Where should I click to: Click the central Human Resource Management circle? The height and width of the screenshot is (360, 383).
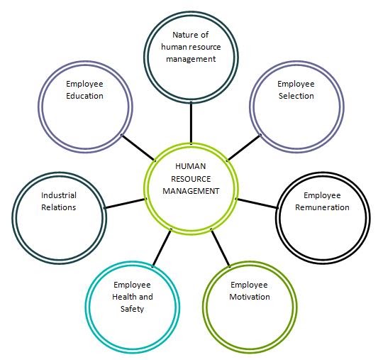[x=191, y=186]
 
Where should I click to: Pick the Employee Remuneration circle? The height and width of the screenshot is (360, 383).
[x=321, y=212]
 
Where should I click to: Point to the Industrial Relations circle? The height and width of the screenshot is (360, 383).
[x=59, y=212]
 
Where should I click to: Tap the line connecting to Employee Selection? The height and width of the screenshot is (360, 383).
[x=243, y=148]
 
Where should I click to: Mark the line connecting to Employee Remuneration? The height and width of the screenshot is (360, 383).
[x=257, y=202]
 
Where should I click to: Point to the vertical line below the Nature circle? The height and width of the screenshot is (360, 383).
[x=190, y=122]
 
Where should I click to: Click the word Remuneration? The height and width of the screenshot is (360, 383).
[x=322, y=207]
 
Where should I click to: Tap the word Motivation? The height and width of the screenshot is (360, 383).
[x=250, y=297]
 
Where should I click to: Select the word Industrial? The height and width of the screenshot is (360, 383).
[x=59, y=195]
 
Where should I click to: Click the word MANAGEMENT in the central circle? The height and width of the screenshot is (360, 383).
[x=191, y=190]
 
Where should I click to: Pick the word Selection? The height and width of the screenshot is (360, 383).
[x=296, y=95]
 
